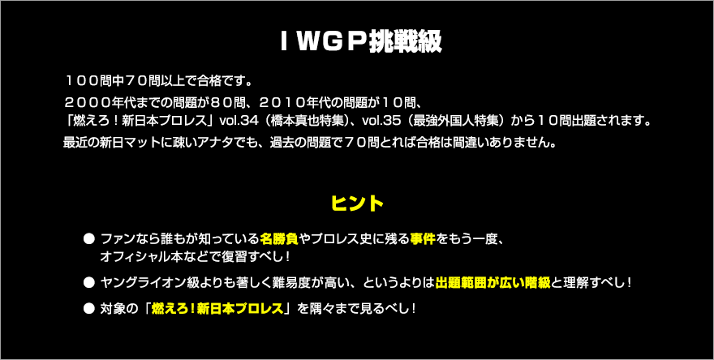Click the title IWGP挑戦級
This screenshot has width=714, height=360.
pyautogui.click(x=360, y=43)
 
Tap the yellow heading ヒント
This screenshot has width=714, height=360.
pyautogui.click(x=358, y=204)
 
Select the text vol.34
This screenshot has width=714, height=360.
pyautogui.click(x=235, y=122)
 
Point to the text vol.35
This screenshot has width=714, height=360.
pyautogui.click(x=378, y=122)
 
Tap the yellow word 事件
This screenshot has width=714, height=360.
pyautogui.click(x=423, y=238)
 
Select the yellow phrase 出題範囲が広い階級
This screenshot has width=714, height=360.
pyautogui.click(x=493, y=283)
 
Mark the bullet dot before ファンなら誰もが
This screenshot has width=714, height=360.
pyautogui.click(x=88, y=239)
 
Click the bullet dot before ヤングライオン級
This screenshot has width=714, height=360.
pyautogui.click(x=88, y=283)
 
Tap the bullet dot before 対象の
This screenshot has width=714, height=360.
pyautogui.click(x=88, y=309)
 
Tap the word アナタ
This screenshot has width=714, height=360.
pyautogui.click(x=225, y=143)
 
